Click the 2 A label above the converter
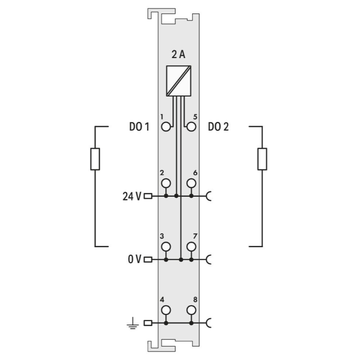tap(179, 54)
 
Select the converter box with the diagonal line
tap(179, 81)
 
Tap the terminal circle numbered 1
tap(166, 127)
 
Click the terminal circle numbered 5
tap(191, 127)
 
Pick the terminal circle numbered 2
tap(166, 183)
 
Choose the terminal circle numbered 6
tap(191, 183)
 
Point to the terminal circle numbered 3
tap(166, 247)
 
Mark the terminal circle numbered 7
tap(191, 247)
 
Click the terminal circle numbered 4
tap(166, 310)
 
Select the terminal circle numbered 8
tap(191, 310)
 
